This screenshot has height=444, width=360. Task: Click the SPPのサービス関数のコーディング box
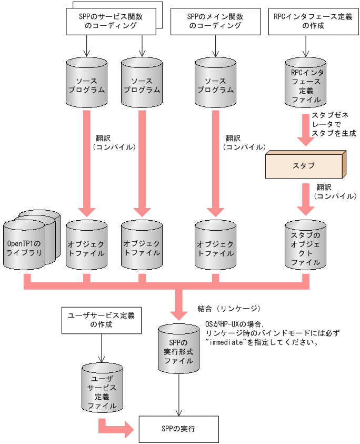tap(111, 21)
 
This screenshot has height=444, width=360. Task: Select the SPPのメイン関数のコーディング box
tap(215, 21)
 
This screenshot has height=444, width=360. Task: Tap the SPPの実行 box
tap(178, 428)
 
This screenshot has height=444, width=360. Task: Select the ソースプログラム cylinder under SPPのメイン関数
tap(215, 85)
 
